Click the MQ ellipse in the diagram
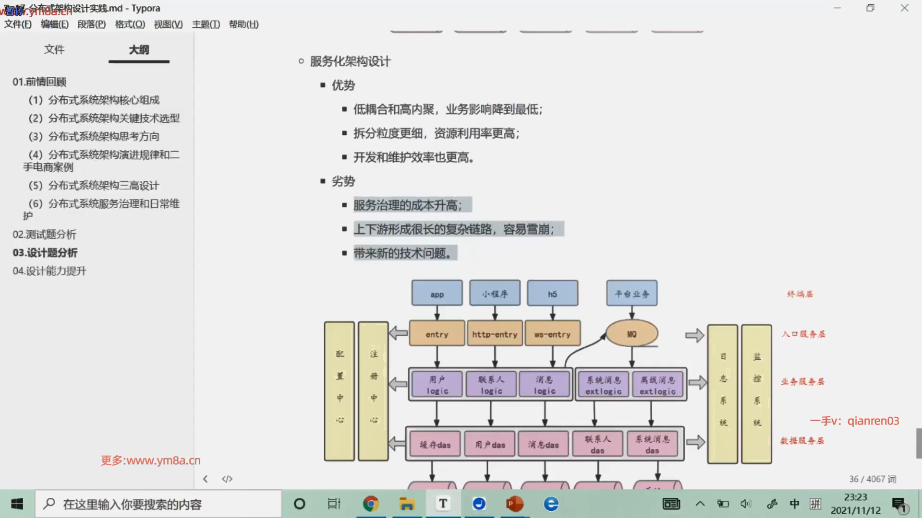[x=631, y=334]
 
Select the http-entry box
[x=495, y=334]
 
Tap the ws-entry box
[x=552, y=334]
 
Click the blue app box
[x=437, y=294]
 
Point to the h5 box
[x=552, y=294]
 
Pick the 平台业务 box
[x=631, y=294]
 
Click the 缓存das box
[x=435, y=444]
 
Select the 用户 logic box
[x=437, y=385]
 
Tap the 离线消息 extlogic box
[x=657, y=385]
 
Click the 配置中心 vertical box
[x=340, y=391]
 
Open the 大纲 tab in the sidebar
[x=139, y=50]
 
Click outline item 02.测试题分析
[x=45, y=235]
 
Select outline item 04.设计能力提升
[x=49, y=271]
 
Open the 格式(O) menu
[x=130, y=24]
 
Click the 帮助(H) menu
[x=243, y=24]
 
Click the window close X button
[x=904, y=8]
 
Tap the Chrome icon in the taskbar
[x=371, y=504]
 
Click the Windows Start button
[x=17, y=504]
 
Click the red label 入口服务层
[x=803, y=334]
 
